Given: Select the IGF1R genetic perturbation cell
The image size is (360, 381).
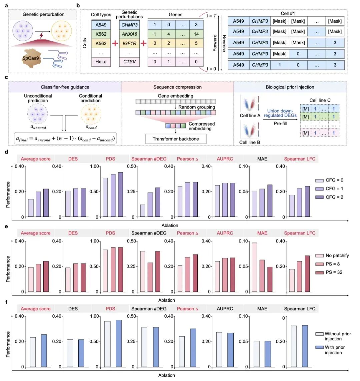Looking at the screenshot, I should point(129,43).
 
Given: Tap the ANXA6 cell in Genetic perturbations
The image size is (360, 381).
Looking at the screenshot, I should point(129,34).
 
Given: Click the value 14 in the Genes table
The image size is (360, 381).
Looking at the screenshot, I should point(196,34).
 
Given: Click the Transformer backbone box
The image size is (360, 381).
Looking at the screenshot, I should point(176,139).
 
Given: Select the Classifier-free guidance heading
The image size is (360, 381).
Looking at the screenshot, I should point(65,87).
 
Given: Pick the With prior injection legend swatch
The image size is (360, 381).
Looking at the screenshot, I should point(320,347).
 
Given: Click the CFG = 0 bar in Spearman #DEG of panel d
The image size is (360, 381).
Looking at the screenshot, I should point(143,210).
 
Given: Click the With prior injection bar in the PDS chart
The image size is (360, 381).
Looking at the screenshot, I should point(118,343).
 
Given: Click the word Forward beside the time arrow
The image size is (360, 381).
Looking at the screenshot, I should point(215,43).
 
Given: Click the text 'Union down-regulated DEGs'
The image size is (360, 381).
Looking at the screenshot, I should point(280,113).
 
